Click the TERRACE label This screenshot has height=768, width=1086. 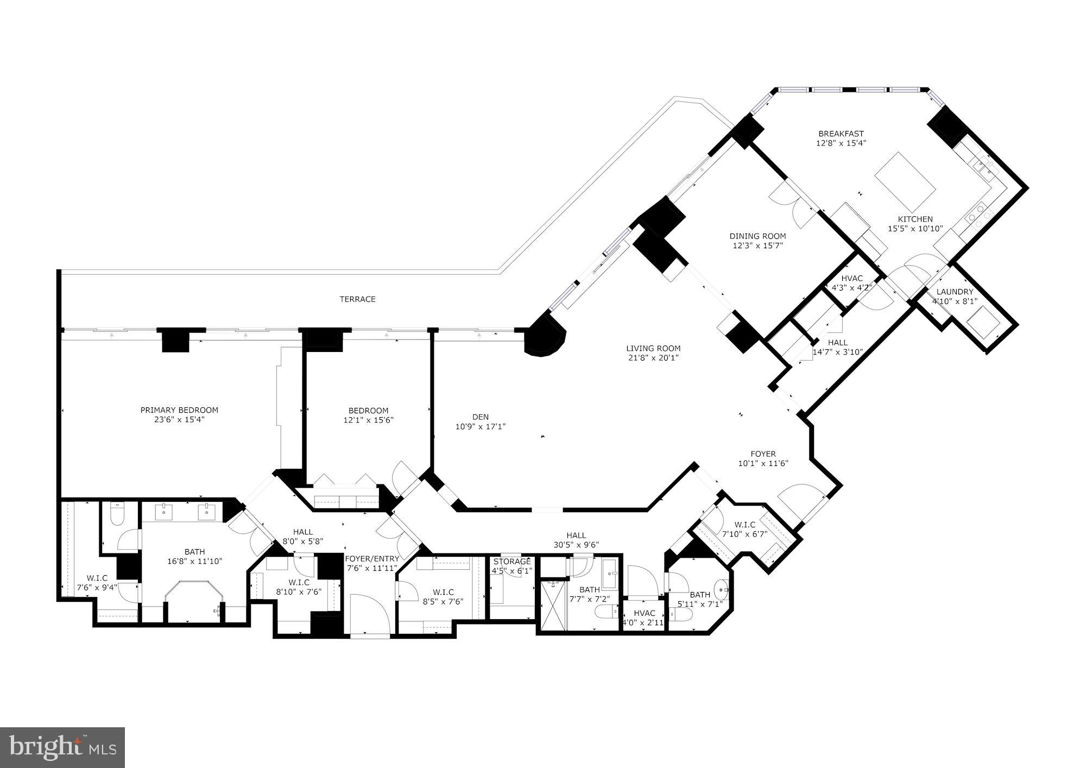(x=357, y=299)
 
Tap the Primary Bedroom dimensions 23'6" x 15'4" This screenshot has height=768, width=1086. (x=179, y=420)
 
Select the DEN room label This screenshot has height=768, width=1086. (x=480, y=417)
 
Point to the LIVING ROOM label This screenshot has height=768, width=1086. (x=653, y=349)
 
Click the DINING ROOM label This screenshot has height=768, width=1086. (x=757, y=236)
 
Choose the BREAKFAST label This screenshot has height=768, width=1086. (x=841, y=134)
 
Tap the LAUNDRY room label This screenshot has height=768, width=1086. (x=955, y=292)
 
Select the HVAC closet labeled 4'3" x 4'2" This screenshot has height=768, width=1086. (x=851, y=283)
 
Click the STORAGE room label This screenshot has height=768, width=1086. (x=512, y=562)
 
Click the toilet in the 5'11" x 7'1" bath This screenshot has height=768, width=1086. (x=681, y=614)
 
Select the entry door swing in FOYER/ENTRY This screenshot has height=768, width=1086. (x=369, y=614)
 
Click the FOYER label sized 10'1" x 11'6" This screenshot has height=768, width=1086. (x=763, y=454)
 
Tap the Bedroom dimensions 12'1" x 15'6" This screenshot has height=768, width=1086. (x=368, y=420)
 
